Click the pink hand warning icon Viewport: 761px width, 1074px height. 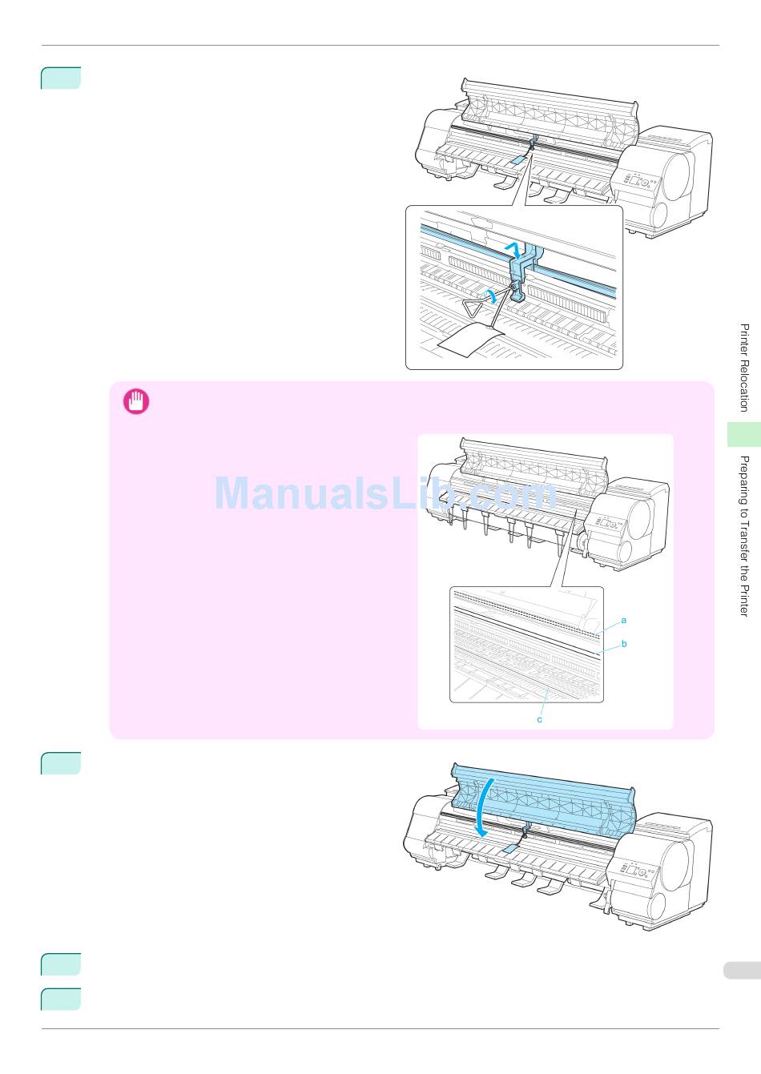coord(135,401)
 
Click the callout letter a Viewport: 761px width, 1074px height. coord(624,620)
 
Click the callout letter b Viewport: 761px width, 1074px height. coord(624,643)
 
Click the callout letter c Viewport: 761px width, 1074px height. coord(539,719)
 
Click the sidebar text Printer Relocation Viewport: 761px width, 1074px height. coord(744,368)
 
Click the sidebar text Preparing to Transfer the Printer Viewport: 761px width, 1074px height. coord(744,536)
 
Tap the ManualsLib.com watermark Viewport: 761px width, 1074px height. coord(385,493)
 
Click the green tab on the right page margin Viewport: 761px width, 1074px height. coord(744,434)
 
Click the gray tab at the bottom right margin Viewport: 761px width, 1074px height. coord(742,971)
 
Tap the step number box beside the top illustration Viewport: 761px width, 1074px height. coord(61,78)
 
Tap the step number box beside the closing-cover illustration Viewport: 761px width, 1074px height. coord(61,763)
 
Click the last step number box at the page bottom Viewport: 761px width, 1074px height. coord(61,1000)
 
